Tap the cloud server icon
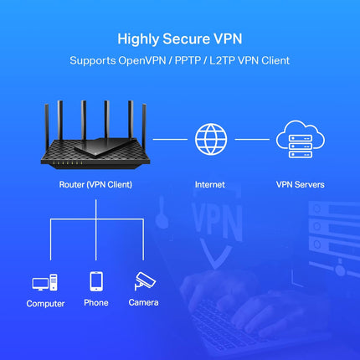(x=300, y=137)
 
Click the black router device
(x=97, y=152)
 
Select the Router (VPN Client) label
(x=96, y=183)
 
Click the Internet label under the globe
(x=209, y=183)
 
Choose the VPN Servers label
(x=300, y=183)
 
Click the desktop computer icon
(x=44, y=284)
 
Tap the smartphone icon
(x=95, y=282)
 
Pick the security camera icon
(x=143, y=282)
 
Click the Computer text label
(x=45, y=303)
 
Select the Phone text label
(x=95, y=302)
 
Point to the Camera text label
(x=143, y=302)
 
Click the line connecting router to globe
(x=170, y=139)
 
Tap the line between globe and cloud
(x=250, y=139)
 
